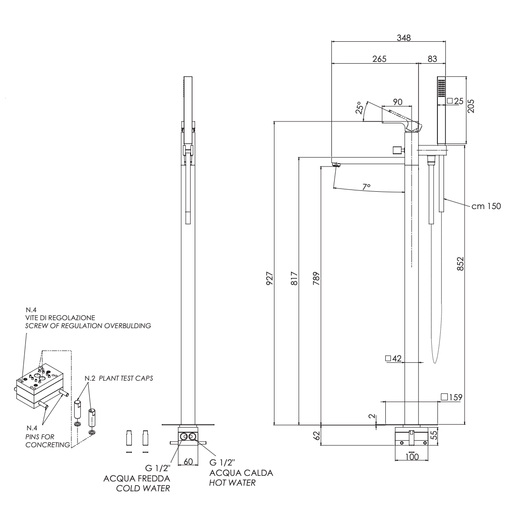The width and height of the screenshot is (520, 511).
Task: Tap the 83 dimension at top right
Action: coord(432,59)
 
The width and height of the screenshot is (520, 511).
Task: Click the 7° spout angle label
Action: coord(367,187)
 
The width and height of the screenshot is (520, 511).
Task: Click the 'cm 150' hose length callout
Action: coord(486,206)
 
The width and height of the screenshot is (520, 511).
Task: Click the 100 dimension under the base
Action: coord(411,456)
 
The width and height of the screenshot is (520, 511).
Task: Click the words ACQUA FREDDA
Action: coord(137,478)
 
